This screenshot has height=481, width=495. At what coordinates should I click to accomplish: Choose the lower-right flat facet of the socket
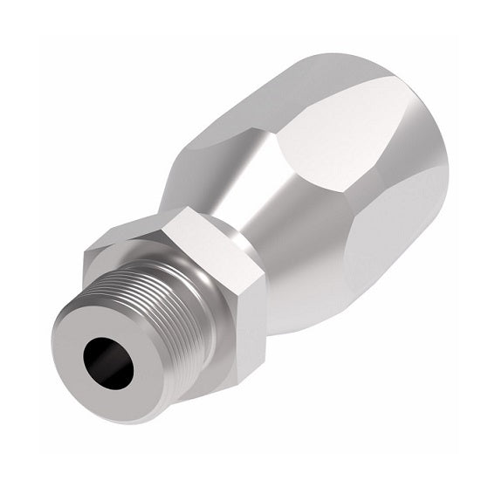click(x=393, y=253)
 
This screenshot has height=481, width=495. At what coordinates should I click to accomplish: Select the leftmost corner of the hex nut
click(x=82, y=253)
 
